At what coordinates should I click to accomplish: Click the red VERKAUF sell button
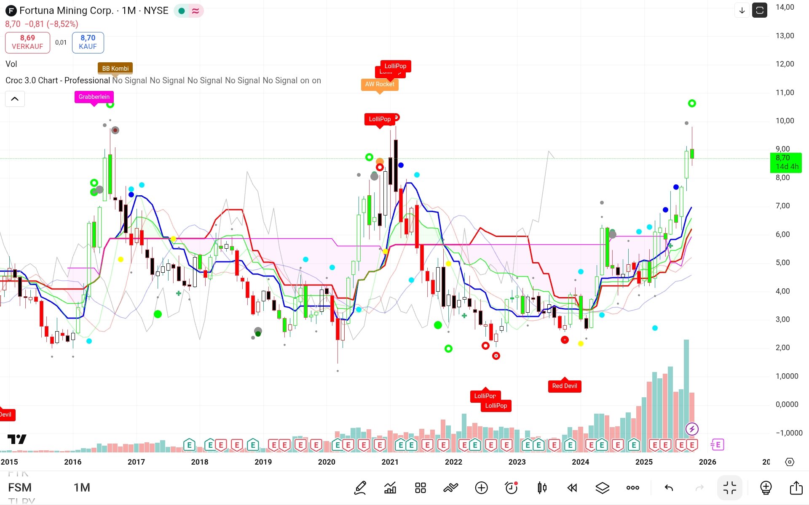point(27,42)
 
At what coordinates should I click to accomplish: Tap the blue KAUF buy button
point(88,42)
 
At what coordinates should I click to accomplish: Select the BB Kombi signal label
point(115,69)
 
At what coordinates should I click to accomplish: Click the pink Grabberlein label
point(94,97)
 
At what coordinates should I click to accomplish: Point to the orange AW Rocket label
point(379,84)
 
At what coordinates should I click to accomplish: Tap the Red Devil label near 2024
point(565,386)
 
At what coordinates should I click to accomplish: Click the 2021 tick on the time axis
point(390,462)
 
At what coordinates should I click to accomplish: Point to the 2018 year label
point(199,462)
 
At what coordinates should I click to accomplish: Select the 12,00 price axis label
point(785,64)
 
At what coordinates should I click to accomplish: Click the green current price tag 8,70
point(786,162)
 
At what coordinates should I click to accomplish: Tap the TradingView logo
point(17,439)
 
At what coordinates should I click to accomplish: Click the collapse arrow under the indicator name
point(15,99)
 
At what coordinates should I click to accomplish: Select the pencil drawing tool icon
point(360,488)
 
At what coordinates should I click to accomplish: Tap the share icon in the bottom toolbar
point(796,488)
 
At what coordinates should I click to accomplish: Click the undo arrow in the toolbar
point(669,488)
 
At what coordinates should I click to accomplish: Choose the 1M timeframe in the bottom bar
point(82,487)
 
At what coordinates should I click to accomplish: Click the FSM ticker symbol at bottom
point(20,487)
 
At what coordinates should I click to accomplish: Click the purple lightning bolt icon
point(692,429)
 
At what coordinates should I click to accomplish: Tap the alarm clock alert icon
point(511,488)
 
